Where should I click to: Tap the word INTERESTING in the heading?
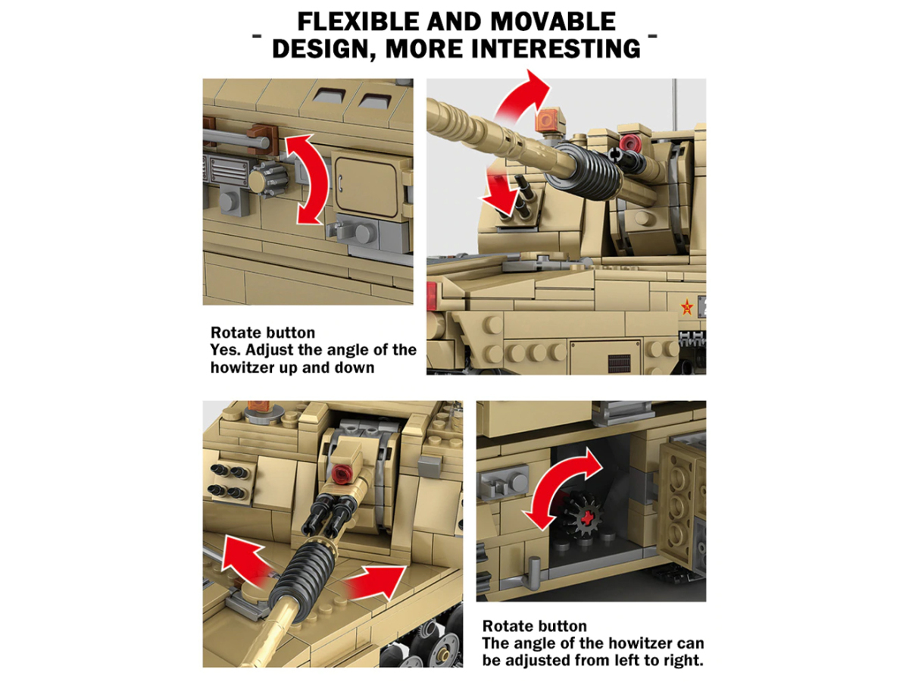click(x=556, y=48)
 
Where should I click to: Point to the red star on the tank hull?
click(x=687, y=308)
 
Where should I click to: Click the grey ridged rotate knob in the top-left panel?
click(x=269, y=180)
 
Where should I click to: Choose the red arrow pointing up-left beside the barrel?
click(x=245, y=560)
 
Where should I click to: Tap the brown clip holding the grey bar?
click(x=263, y=139)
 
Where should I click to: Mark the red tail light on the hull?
click(x=432, y=296)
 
